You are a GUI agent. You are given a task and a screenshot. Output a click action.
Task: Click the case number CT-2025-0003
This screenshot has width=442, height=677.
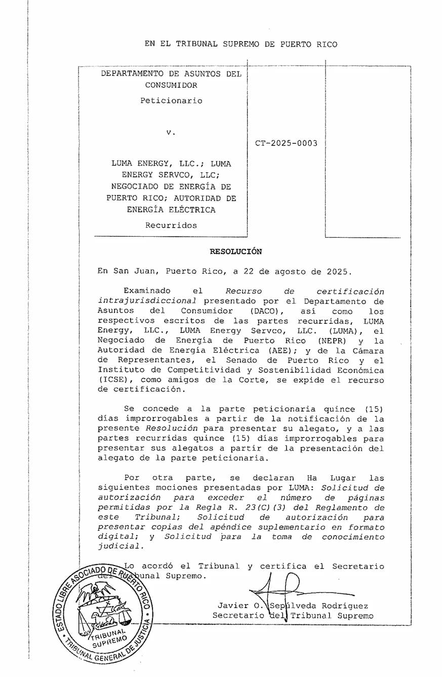pyautogui.click(x=286, y=143)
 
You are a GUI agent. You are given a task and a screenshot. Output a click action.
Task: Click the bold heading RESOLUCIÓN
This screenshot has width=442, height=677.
pyautogui.click(x=236, y=251)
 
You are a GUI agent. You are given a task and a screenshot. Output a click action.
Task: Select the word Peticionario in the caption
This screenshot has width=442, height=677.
pyautogui.click(x=171, y=100)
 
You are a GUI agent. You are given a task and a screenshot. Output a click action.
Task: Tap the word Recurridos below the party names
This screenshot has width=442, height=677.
pyautogui.click(x=171, y=225)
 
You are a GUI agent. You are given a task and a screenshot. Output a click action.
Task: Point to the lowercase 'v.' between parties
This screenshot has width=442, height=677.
pyautogui.click(x=171, y=132)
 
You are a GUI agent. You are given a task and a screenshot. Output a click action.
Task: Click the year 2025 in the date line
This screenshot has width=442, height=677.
pyautogui.click(x=336, y=271)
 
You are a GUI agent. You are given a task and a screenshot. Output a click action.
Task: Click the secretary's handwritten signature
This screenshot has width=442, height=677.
pyautogui.click(x=284, y=588)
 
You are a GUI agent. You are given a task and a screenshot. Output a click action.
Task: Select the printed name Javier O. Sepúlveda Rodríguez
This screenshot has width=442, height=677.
pyautogui.click(x=293, y=606)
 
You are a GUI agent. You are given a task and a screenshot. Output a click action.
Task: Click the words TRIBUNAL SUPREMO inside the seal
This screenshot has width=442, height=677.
pyautogui.click(x=108, y=638)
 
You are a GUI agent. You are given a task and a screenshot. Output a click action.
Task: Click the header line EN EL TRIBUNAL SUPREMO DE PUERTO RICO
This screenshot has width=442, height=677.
pyautogui.click(x=241, y=44)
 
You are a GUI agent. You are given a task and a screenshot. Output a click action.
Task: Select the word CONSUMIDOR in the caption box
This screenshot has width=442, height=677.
pyautogui.click(x=171, y=85)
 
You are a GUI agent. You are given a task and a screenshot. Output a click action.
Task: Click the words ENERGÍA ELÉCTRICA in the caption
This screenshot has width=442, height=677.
pyautogui.click(x=171, y=210)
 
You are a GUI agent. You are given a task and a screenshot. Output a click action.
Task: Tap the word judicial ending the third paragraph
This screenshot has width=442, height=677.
pyautogui.click(x=117, y=546)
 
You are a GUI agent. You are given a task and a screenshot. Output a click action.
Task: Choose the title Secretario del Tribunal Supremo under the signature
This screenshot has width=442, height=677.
pyautogui.click(x=293, y=616)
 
